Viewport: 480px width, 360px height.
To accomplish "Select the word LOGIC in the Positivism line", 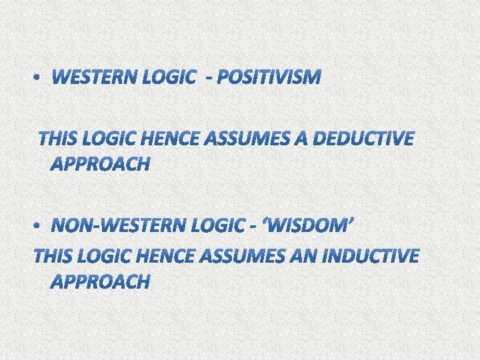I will [165, 79].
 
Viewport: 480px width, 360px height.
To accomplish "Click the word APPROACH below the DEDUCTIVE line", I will [100, 164].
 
